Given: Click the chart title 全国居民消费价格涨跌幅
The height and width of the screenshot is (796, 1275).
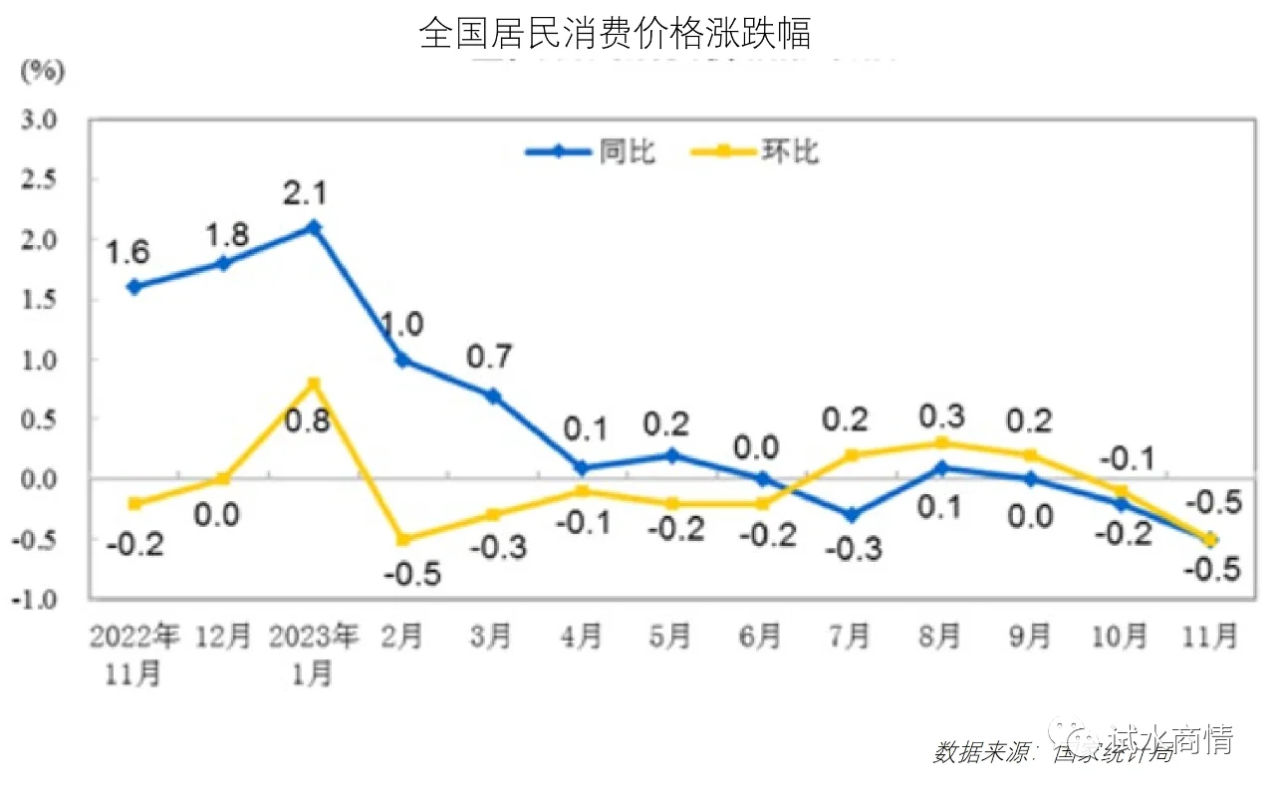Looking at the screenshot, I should pos(615,33).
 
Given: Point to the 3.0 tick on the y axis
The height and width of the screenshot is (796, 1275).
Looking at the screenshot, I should pos(39,120).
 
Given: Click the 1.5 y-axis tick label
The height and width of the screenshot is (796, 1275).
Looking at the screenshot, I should pos(39,300).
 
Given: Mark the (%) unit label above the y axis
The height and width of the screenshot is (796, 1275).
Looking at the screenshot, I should pos(43,71).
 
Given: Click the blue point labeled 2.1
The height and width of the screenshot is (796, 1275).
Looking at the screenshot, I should pos(313,227).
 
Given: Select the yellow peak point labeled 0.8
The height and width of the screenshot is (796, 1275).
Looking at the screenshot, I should pos(313,384).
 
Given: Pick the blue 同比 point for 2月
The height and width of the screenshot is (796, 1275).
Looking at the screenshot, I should pos(403,360).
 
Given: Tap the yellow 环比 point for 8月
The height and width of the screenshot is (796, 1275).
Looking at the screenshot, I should pos(941,443).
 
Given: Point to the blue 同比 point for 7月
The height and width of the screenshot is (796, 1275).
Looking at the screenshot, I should pos(852,515).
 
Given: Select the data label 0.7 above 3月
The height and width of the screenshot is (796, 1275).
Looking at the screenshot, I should pos(490,356).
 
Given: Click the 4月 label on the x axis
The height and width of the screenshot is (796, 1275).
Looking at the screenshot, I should pos(582,636).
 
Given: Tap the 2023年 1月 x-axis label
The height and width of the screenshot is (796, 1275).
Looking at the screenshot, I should pos(313,654).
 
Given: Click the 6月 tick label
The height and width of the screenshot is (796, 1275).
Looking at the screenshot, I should pos(761,636).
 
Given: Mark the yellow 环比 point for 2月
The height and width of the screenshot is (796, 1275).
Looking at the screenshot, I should pos(403,539).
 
